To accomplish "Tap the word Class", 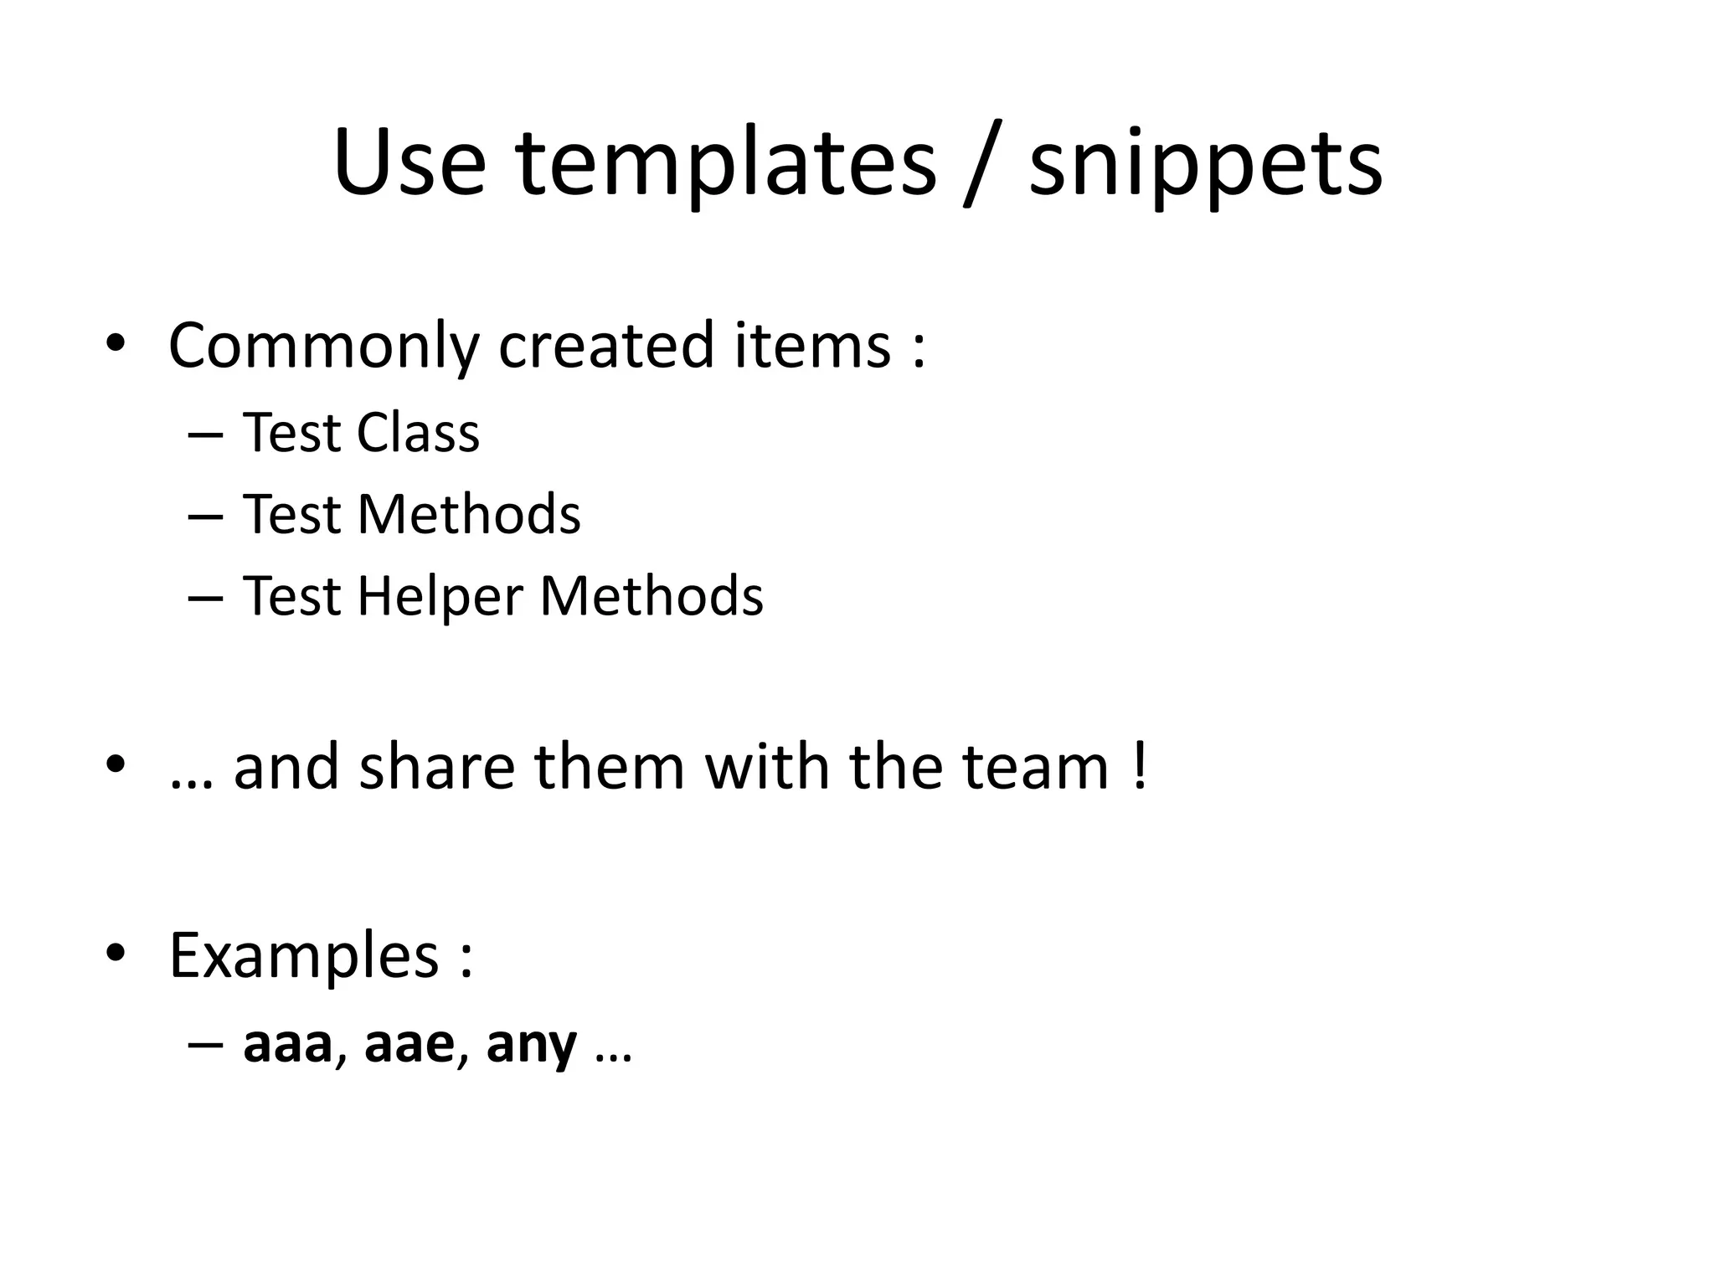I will pos(418,433).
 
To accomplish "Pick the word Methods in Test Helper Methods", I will pos(651,596).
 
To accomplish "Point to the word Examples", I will pos(303,955).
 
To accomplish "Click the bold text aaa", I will pos(287,1045).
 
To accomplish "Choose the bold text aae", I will pos(409,1045).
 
